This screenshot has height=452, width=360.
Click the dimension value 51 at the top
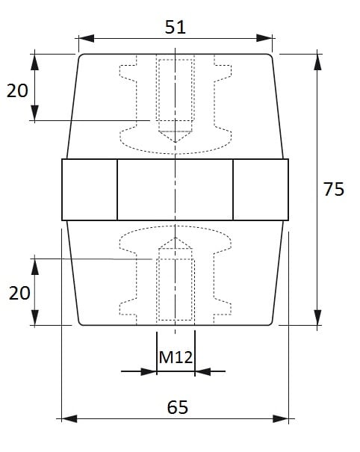(x=176, y=27)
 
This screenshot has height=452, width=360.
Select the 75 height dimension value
(x=334, y=189)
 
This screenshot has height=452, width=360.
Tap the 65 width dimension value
(x=178, y=407)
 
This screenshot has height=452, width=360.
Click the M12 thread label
(x=176, y=357)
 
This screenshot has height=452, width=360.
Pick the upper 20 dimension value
(x=17, y=90)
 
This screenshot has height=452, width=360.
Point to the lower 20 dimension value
(x=19, y=293)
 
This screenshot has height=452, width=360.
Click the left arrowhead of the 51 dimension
(x=87, y=38)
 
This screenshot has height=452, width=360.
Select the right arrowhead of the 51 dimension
(x=264, y=38)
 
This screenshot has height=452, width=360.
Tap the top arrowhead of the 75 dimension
(x=317, y=62)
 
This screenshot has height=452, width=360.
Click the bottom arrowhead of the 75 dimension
(x=317, y=318)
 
